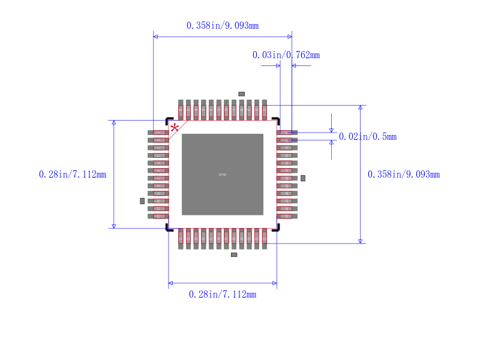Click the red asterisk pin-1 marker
click(x=175, y=128)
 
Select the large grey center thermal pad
click(x=223, y=174)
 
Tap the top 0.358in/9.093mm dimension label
click(x=223, y=25)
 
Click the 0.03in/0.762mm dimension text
click(x=286, y=55)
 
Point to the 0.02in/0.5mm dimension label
click(x=368, y=137)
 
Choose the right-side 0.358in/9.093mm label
click(x=404, y=175)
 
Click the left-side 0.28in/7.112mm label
click(x=73, y=175)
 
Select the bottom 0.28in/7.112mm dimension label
click(x=223, y=294)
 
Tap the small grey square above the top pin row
click(x=242, y=94)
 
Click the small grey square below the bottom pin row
click(x=234, y=255)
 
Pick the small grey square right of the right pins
click(x=303, y=178)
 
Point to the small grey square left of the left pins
click(x=142, y=201)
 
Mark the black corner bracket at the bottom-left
click(x=169, y=227)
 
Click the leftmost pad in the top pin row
click(x=181, y=110)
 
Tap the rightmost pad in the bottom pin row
click(x=264, y=238)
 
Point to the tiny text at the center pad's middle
click(x=223, y=175)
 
